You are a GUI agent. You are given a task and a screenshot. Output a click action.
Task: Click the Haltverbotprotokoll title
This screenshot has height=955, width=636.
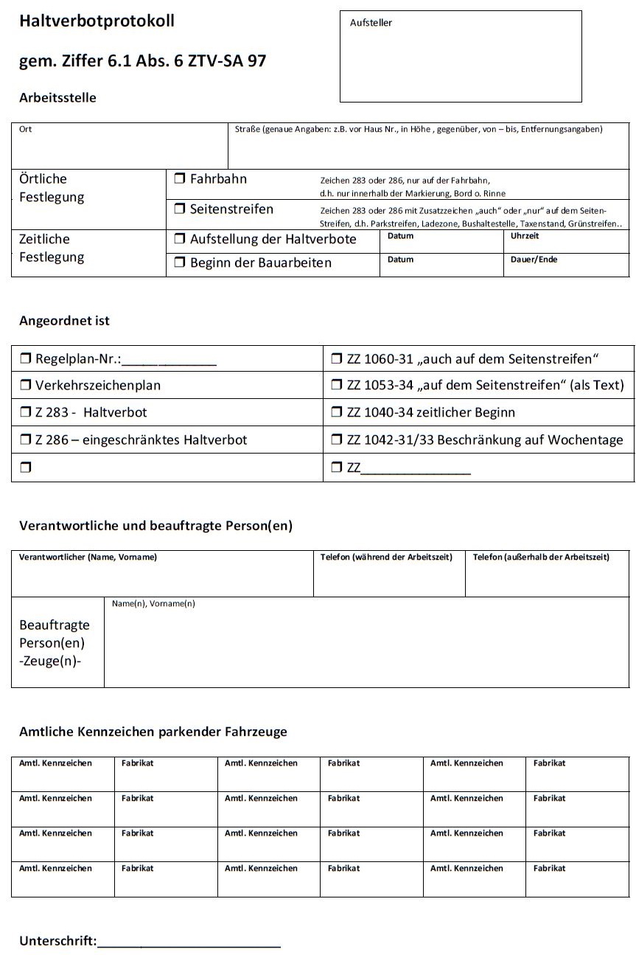click(x=97, y=21)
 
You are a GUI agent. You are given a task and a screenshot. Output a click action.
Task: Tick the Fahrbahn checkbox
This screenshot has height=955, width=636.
click(x=180, y=178)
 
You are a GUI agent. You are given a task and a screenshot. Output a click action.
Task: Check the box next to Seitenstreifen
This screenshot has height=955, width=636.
click(x=180, y=209)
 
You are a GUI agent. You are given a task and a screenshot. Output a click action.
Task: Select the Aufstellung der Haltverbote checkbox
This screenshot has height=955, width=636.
click(x=180, y=239)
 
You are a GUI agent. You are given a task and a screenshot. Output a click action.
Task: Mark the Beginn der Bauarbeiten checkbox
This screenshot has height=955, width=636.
click(x=180, y=263)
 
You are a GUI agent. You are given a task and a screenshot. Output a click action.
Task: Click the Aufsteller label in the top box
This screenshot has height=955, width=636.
click(x=371, y=23)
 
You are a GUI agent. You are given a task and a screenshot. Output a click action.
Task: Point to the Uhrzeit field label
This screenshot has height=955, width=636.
click(x=525, y=236)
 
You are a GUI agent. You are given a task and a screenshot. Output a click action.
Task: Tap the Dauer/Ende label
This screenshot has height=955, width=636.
click(x=534, y=260)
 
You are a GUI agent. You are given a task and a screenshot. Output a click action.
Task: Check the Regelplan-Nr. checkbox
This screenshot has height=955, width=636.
click(x=25, y=359)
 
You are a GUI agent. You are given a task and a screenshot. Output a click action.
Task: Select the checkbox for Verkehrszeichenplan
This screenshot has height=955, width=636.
click(x=25, y=385)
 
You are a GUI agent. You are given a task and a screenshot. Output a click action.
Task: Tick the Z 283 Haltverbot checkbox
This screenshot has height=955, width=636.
click(x=25, y=412)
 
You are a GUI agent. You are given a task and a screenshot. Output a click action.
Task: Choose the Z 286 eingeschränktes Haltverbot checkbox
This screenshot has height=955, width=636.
click(x=25, y=440)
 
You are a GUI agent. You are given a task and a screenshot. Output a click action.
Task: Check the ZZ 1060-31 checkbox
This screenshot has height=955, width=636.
click(x=337, y=359)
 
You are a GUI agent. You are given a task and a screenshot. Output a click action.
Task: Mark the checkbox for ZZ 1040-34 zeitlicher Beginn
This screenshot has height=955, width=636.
click(x=337, y=412)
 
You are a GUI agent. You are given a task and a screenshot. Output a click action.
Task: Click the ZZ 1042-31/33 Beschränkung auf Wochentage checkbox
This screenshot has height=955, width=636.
click(x=337, y=440)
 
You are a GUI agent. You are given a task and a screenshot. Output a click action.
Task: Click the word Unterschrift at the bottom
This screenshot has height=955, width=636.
click(x=57, y=941)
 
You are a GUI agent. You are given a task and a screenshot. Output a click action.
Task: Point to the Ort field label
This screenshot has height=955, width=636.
click(x=26, y=129)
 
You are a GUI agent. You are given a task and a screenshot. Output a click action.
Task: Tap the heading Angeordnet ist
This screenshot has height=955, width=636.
click(x=64, y=321)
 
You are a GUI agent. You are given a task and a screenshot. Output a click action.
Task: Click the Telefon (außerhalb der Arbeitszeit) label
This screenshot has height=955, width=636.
click(x=541, y=557)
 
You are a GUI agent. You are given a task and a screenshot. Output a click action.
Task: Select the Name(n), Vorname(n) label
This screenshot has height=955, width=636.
click(x=153, y=604)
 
